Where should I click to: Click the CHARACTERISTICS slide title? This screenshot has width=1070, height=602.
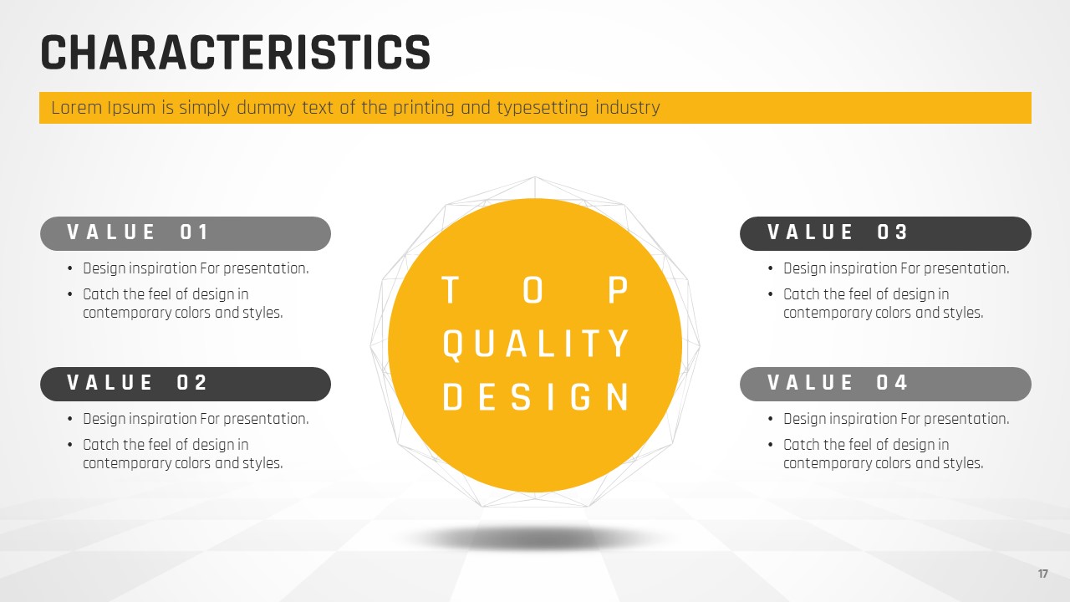click(236, 53)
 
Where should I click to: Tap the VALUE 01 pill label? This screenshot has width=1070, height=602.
click(186, 233)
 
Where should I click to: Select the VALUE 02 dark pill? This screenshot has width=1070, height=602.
click(186, 384)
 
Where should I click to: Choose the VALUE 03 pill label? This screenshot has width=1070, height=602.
click(885, 233)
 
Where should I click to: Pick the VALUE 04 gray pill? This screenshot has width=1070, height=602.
click(885, 384)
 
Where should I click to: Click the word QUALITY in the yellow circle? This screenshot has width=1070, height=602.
click(536, 344)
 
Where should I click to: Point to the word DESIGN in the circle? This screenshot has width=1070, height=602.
click(536, 397)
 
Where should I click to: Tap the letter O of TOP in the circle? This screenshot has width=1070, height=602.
click(533, 290)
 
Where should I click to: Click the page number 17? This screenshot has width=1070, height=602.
click(1042, 574)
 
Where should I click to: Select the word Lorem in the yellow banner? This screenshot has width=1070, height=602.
click(76, 108)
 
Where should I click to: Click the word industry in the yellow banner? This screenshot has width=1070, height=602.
click(628, 108)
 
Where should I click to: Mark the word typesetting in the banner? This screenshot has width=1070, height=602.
click(543, 109)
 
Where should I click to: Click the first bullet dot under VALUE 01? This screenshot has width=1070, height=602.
click(70, 269)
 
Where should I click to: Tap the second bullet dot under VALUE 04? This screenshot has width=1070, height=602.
click(771, 446)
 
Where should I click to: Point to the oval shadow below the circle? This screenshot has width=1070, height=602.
click(535, 538)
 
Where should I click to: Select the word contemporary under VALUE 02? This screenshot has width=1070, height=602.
click(127, 463)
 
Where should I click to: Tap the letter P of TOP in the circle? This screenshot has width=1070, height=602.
click(618, 290)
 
